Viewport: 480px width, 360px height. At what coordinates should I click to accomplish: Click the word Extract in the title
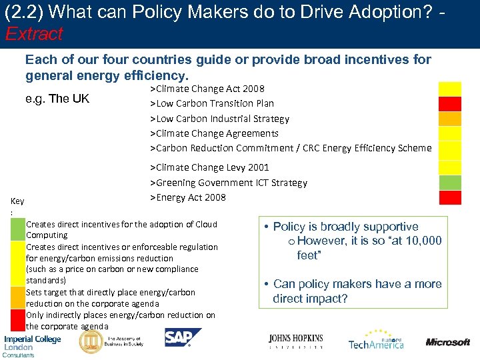(x=34, y=33)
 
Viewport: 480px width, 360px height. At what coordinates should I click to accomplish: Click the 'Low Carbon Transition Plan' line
(x=212, y=103)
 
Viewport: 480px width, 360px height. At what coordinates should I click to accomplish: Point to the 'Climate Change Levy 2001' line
(x=209, y=167)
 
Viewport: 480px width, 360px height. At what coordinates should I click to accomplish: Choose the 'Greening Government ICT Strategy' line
(x=229, y=183)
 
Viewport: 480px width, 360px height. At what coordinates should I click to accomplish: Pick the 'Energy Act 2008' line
(x=188, y=197)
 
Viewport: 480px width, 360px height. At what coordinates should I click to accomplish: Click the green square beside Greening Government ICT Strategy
(x=449, y=183)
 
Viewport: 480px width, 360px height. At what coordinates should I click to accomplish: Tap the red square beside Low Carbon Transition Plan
(x=449, y=103)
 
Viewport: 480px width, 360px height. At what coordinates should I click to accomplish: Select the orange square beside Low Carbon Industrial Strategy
(x=449, y=119)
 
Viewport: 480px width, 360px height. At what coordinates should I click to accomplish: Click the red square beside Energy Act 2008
(x=449, y=197)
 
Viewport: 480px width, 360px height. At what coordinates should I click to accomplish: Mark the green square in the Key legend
(x=18, y=229)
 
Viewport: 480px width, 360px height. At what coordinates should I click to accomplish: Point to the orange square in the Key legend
(x=18, y=297)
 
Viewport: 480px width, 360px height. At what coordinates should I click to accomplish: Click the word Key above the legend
(x=17, y=201)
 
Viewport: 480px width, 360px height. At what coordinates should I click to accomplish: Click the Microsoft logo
(x=447, y=342)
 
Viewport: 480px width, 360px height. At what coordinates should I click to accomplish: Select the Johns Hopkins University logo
(x=295, y=342)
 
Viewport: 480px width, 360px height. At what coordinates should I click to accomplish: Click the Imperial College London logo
(x=32, y=343)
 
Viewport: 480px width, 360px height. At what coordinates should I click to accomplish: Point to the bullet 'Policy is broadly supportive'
(x=345, y=227)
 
